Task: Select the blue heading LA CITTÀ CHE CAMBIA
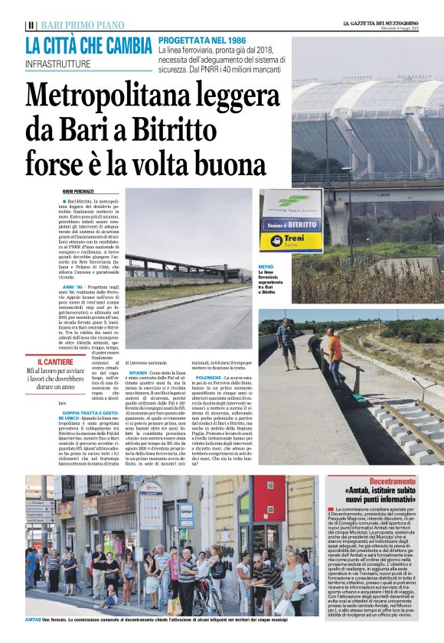point(88,45)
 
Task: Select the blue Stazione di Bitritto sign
point(292,225)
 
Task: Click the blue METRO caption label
point(266,267)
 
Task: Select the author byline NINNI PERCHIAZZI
point(78,191)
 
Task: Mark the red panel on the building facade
point(269,496)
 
